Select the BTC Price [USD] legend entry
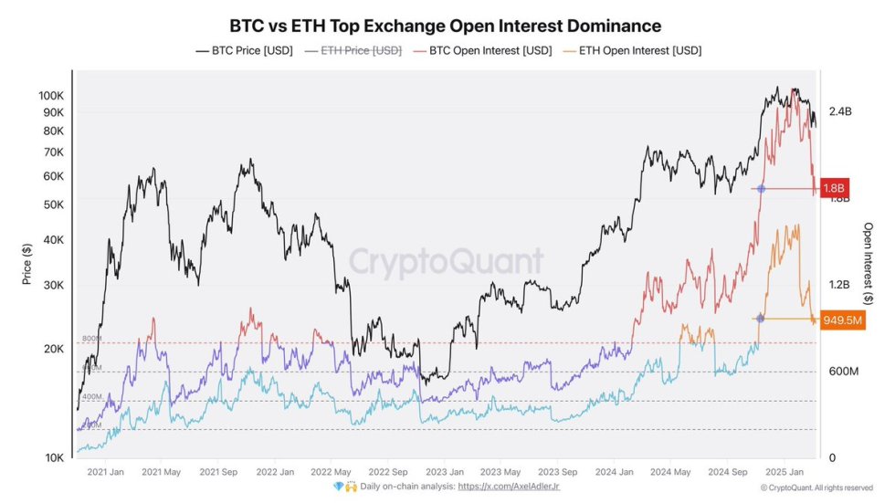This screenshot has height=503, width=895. coord(245,51)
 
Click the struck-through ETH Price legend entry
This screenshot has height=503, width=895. coord(353,51)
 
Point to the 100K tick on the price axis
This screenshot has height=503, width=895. coord(50,96)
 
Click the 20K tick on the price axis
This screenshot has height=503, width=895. coord(52,349)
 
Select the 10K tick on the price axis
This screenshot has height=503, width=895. coord(52,457)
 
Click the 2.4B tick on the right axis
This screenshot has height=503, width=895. coord(839,111)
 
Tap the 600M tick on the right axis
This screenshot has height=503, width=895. coord(841,372)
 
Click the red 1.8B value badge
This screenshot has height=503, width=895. coord(834,189)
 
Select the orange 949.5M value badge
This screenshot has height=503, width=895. coord(842,320)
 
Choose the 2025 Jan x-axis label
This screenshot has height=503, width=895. coord(782,472)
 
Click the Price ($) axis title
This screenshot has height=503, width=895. coord(27,263)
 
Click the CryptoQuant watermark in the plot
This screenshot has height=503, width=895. coord(447,262)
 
